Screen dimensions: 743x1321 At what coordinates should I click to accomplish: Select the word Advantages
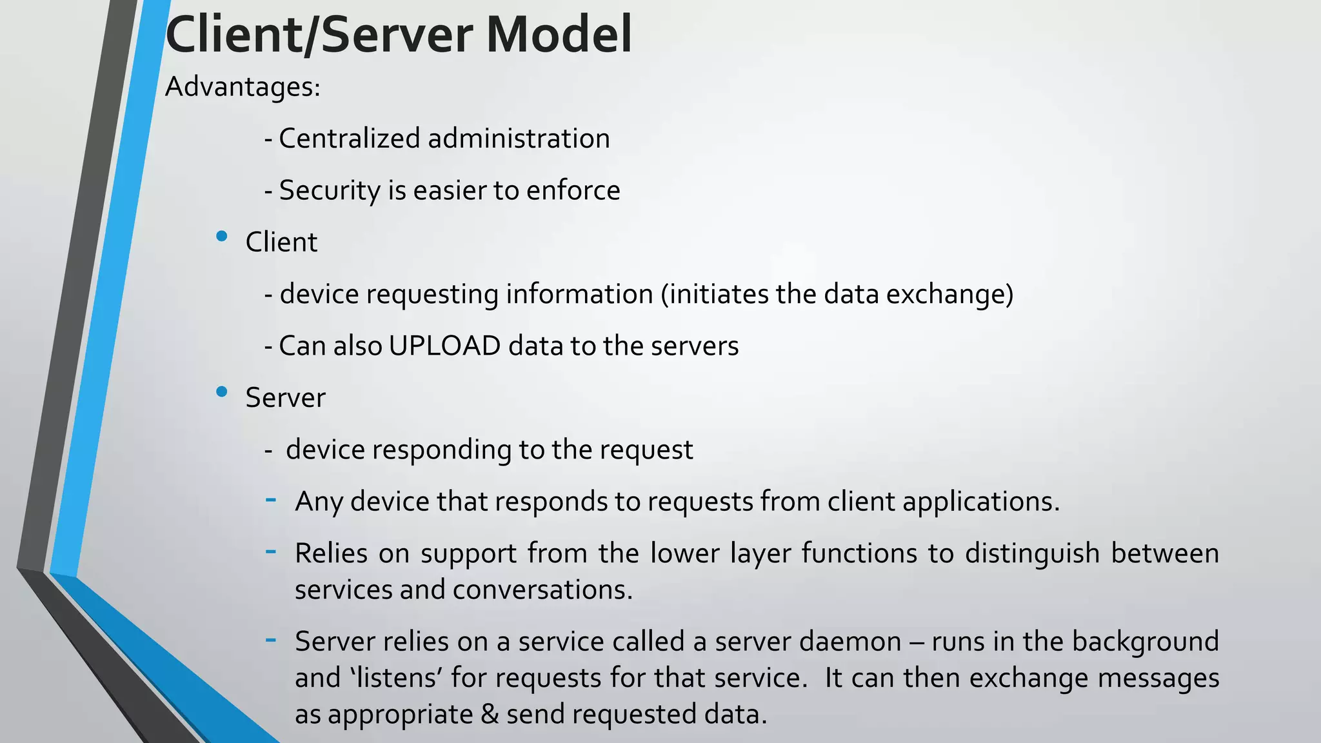point(242,87)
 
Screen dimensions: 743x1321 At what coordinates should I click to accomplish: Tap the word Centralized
point(349,139)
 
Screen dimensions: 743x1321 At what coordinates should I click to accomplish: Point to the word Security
point(330,191)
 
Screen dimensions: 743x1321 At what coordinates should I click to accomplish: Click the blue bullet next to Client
point(222,237)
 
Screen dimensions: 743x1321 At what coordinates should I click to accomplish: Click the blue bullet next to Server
point(222,391)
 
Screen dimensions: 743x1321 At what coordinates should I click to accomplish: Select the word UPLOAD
point(444,346)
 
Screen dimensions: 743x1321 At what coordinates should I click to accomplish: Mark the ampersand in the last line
point(490,715)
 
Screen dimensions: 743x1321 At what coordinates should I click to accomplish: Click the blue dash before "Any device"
point(271,499)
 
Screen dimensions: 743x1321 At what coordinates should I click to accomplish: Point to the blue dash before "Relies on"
point(271,551)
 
